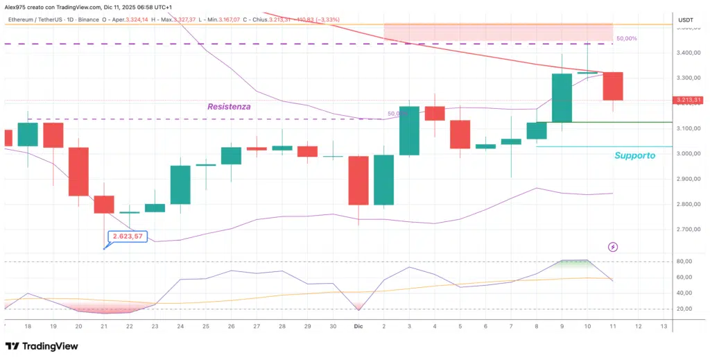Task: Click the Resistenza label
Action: click(x=229, y=107)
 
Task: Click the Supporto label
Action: click(x=634, y=155)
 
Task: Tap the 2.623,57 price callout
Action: click(x=128, y=237)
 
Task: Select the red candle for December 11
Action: click(x=613, y=86)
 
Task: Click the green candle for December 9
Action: click(x=562, y=98)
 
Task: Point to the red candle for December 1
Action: click(x=358, y=180)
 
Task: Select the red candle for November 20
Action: click(x=78, y=171)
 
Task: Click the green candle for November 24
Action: click(x=180, y=185)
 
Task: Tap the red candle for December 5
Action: click(x=460, y=134)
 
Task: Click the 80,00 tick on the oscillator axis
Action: click(x=685, y=262)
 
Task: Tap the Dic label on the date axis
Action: click(x=358, y=325)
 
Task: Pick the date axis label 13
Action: click(x=664, y=325)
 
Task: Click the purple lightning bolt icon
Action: click(x=613, y=247)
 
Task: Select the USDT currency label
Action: click(x=685, y=20)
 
